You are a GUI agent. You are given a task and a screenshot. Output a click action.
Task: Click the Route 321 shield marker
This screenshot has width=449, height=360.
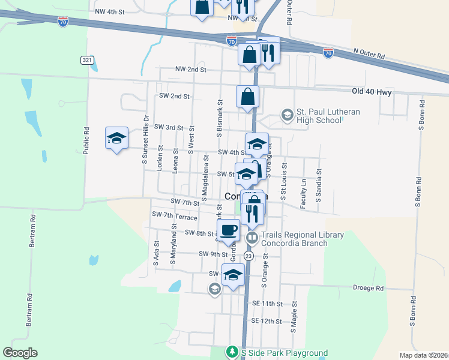coord(87,60)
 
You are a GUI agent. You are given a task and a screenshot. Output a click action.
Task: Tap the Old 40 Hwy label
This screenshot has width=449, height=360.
coord(372,92)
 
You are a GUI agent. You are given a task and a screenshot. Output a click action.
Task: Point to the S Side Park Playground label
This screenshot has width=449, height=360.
coord(284,353)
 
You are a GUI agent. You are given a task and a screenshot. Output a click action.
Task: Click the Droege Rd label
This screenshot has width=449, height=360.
coord(367,288)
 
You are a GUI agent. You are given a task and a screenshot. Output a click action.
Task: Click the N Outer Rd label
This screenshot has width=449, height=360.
coord(369,54)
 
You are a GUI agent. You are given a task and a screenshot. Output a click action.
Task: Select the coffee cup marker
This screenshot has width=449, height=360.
coord(228,230)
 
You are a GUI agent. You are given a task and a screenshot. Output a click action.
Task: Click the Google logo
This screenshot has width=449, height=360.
coord(20,353)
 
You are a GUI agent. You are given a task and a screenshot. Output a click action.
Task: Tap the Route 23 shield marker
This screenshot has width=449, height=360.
coord(249,256)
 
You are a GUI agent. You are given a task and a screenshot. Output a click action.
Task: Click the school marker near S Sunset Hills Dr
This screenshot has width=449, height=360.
coord(116,139)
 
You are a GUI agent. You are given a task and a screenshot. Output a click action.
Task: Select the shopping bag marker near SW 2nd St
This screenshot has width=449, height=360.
coord(247,96)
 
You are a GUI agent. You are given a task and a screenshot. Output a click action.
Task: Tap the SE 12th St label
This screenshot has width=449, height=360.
coord(267,321)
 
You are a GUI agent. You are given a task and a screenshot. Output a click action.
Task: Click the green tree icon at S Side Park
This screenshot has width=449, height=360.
coord(232,351)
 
